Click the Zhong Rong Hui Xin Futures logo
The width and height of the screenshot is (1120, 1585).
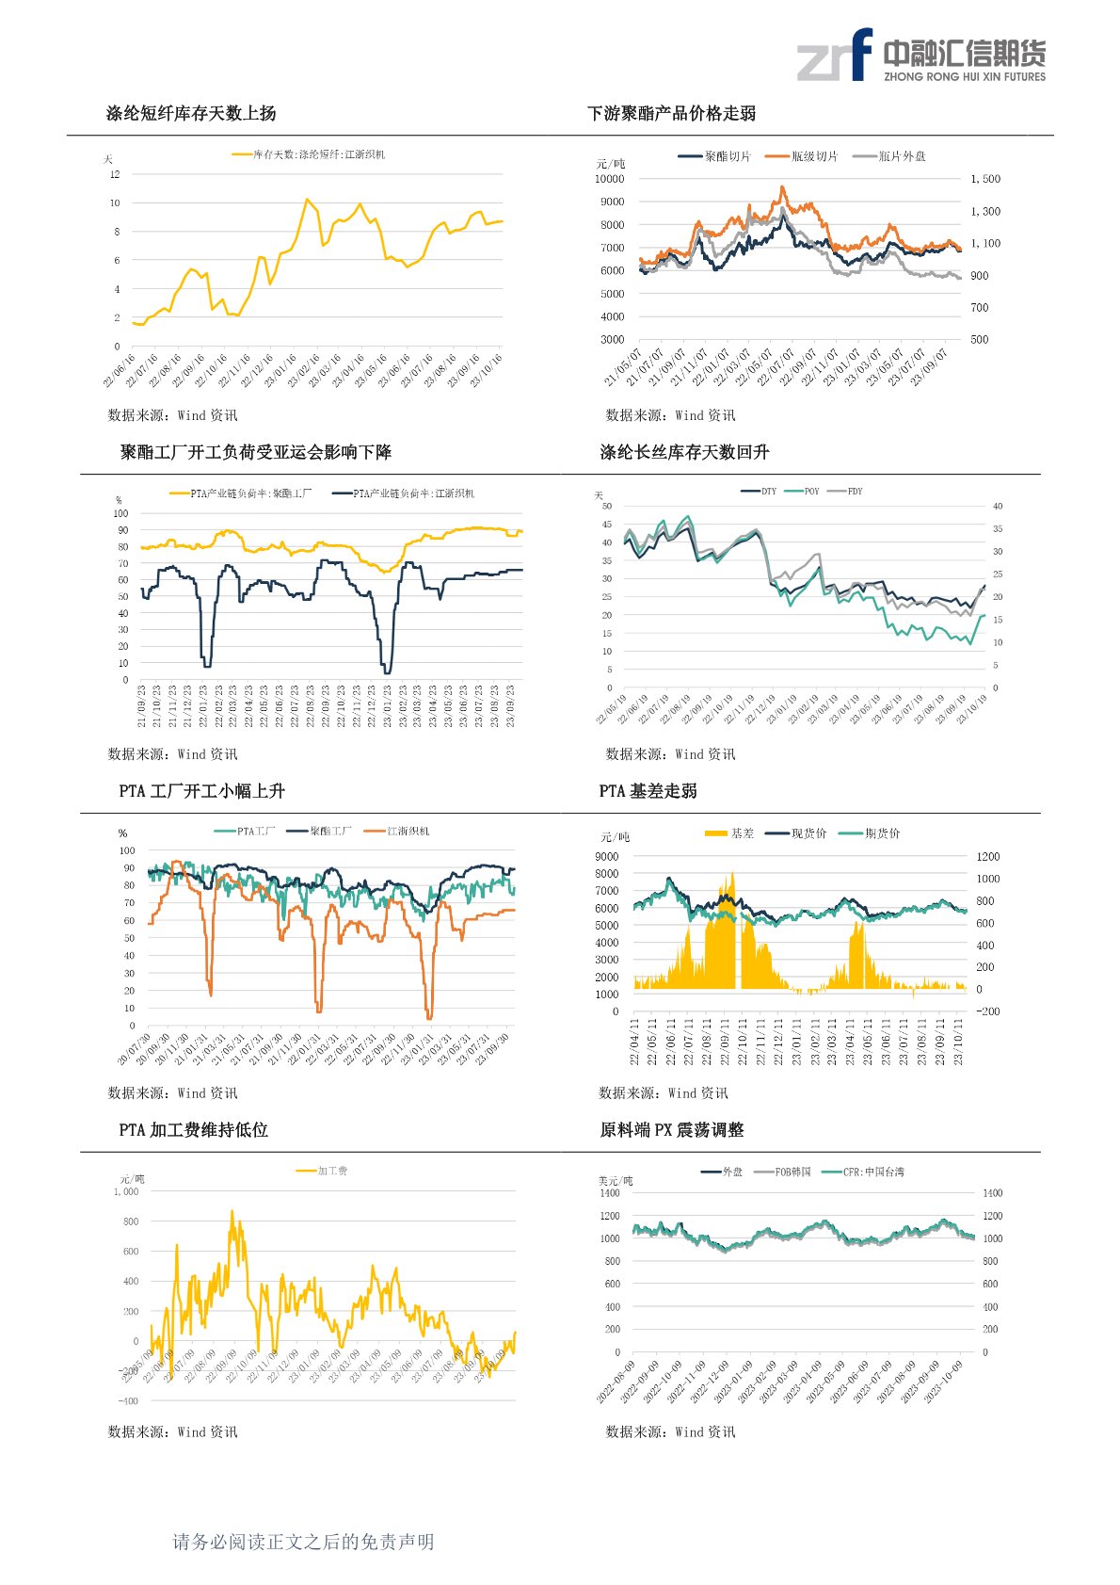[920, 56]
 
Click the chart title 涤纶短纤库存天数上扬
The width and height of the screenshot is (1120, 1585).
[191, 114]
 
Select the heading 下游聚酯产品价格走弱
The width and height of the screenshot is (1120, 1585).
[671, 114]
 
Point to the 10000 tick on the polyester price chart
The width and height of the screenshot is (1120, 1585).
[609, 179]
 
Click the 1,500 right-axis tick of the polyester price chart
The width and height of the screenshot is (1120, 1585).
[985, 179]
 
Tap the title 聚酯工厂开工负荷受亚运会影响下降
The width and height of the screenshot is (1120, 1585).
[256, 453]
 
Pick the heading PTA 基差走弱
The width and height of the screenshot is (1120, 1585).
[648, 791]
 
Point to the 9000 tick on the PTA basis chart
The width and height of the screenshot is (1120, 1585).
[607, 857]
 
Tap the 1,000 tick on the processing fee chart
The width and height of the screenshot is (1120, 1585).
[126, 1192]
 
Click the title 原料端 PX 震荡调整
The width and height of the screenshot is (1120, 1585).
[671, 1130]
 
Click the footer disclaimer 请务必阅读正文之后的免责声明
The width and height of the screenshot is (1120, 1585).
[303, 1542]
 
